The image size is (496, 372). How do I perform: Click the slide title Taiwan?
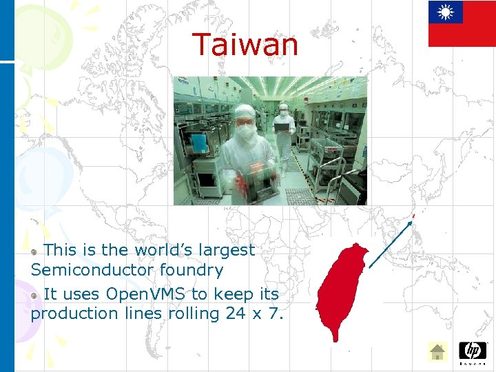click(x=245, y=45)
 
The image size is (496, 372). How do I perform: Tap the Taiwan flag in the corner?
click(x=462, y=23)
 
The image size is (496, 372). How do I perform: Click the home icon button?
click(x=437, y=352)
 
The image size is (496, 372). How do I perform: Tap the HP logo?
click(x=473, y=352)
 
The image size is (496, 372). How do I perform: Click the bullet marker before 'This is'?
click(x=34, y=251)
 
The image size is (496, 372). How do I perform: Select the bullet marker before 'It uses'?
click(x=34, y=296)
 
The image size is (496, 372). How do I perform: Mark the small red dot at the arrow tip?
click(x=414, y=216)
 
